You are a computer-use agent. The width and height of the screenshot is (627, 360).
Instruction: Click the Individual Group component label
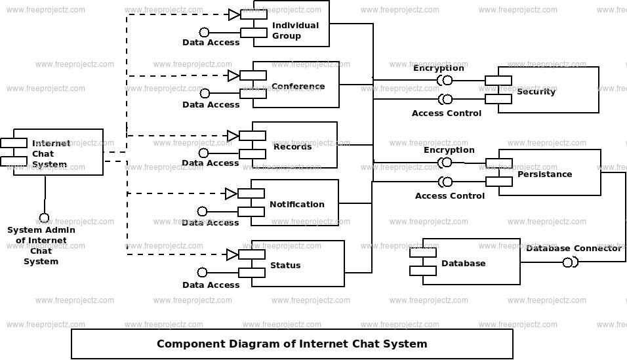click(295, 30)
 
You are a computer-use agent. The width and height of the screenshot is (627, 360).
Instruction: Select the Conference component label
click(298, 87)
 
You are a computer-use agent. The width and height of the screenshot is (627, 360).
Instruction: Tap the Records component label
click(293, 146)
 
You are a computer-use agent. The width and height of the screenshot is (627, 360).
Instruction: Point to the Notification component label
click(296, 204)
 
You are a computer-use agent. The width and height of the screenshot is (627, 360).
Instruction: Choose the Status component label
click(285, 265)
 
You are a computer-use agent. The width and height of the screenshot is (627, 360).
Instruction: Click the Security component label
click(536, 91)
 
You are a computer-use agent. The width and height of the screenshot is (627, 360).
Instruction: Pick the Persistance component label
click(544, 174)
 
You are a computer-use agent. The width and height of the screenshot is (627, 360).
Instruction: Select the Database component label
click(463, 263)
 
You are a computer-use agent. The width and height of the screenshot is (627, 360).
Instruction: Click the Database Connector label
click(573, 248)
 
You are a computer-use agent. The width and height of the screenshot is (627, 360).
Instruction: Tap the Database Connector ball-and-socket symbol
click(569, 263)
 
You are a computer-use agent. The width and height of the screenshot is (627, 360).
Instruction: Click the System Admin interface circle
click(44, 218)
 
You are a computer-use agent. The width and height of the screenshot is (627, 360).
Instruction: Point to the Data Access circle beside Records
click(203, 153)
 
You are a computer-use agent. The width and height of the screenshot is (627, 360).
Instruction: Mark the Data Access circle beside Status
click(203, 272)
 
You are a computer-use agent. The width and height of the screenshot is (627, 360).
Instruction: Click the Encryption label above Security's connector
click(438, 68)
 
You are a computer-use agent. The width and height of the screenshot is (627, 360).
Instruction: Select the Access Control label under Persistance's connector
click(449, 195)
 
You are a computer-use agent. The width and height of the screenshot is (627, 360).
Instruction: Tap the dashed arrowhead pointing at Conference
click(233, 76)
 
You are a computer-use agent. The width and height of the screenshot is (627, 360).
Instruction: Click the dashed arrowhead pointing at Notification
click(231, 193)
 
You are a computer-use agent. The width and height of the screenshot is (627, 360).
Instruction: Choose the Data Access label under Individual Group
click(211, 43)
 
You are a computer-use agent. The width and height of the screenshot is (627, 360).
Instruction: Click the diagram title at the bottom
click(292, 344)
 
